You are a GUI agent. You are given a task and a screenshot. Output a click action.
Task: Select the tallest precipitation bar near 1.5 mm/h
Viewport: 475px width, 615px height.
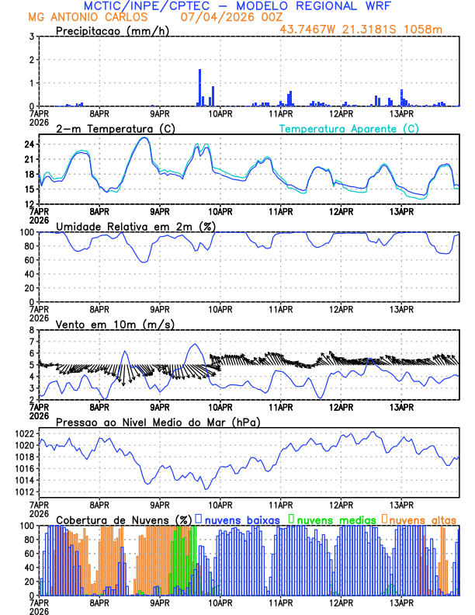(x=199, y=87)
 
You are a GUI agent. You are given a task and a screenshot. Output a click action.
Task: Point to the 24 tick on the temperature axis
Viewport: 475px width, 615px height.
(x=29, y=144)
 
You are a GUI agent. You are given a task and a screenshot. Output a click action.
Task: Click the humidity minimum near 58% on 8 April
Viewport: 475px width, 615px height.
(x=144, y=261)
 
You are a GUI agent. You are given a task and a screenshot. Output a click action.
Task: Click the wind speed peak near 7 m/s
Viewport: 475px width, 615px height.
(x=195, y=344)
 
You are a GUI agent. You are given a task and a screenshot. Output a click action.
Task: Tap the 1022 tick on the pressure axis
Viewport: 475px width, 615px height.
(x=24, y=433)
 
